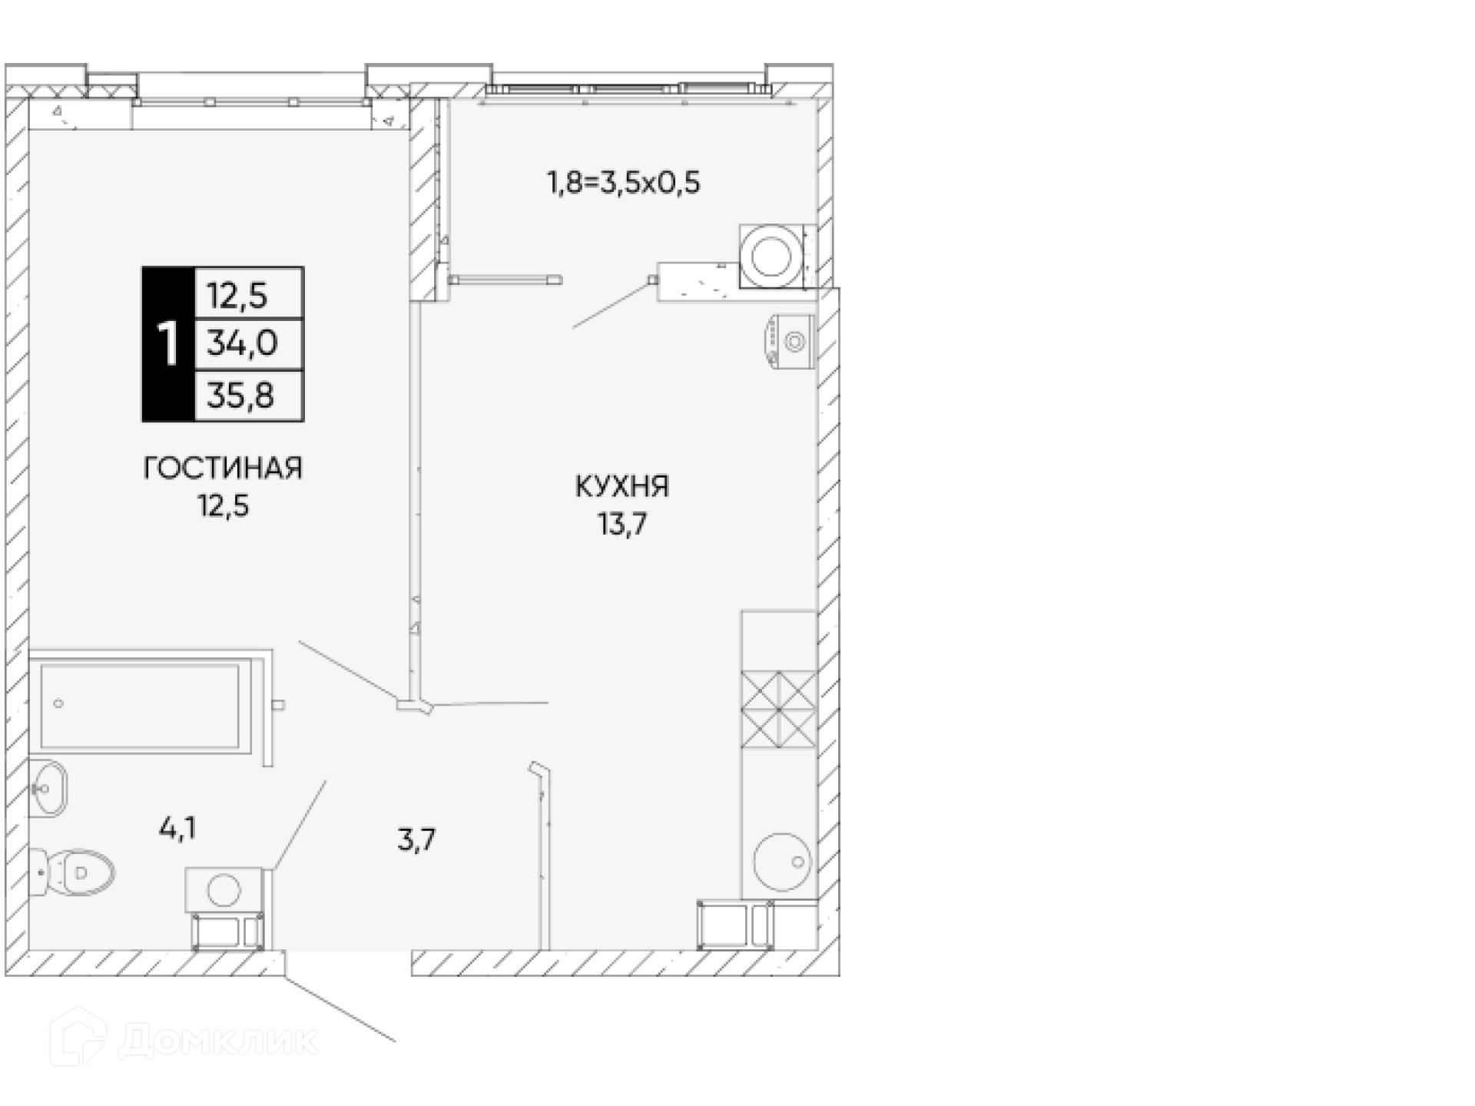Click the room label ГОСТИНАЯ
point(223,468)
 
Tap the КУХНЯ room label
point(622,486)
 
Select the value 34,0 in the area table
point(242,343)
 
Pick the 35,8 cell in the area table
point(240,396)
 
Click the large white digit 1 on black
point(167,343)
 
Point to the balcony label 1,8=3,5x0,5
point(623,184)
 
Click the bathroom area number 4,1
point(177,829)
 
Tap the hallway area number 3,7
point(416,839)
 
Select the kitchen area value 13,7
point(622,525)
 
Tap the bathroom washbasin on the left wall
point(48,788)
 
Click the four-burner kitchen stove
point(778,710)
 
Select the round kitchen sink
point(782,863)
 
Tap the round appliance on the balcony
point(772,256)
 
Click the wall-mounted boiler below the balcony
point(789,340)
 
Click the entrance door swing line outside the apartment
point(340,1009)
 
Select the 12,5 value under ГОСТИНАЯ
point(224,506)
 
